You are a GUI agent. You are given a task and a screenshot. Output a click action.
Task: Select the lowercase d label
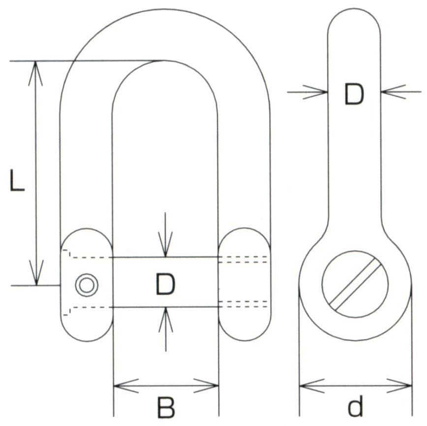click(x=355, y=407)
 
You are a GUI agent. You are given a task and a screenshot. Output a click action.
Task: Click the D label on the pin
click(x=165, y=285)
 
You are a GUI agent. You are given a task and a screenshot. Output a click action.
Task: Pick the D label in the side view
click(x=354, y=95)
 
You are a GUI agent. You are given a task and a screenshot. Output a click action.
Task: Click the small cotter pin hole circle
click(x=87, y=285)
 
